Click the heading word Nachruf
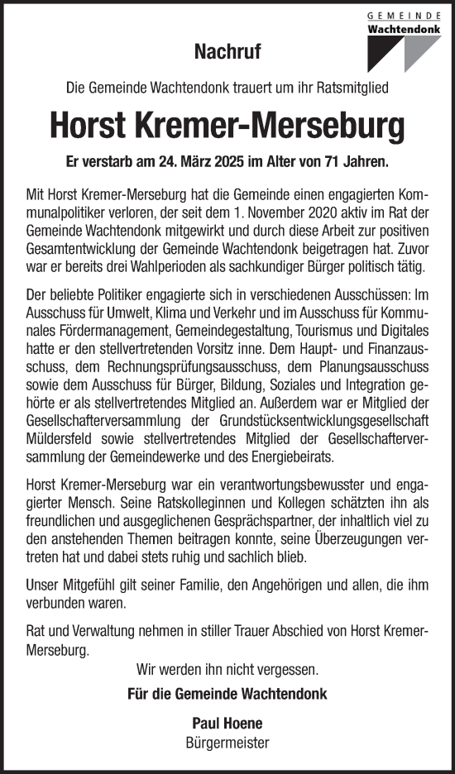tap(227, 53)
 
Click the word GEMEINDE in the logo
tap(405, 14)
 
